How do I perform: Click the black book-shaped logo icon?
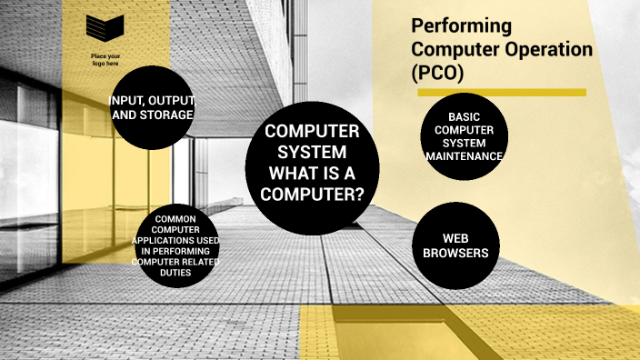click(x=105, y=29)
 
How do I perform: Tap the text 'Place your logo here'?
click(x=105, y=60)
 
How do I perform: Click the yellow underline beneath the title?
click(x=501, y=93)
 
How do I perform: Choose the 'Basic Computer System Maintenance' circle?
click(x=464, y=136)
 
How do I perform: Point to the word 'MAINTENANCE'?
click(x=464, y=156)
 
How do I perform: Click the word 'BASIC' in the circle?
click(x=464, y=117)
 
